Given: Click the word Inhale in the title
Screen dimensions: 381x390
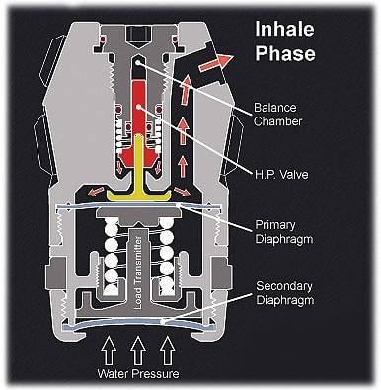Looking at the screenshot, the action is (284, 29).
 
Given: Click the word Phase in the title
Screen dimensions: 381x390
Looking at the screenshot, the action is (285, 53).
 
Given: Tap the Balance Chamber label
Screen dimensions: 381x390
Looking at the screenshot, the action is (277, 115).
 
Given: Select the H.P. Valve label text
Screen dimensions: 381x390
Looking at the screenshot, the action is (281, 174).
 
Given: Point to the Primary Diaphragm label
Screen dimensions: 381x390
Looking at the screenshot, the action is (284, 232).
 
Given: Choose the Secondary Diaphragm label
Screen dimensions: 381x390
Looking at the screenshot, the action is (284, 293).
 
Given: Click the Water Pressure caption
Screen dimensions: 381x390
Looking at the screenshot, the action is (138, 374).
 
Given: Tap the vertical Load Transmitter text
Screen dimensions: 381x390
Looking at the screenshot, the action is (138, 273).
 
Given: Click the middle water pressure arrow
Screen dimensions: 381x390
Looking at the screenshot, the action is (138, 351).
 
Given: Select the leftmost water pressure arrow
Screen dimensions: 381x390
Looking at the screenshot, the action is (109, 351).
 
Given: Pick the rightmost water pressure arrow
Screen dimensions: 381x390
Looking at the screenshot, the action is (168, 351).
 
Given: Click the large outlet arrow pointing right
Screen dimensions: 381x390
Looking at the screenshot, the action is (216, 62).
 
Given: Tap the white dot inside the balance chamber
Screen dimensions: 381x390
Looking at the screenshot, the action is (138, 62).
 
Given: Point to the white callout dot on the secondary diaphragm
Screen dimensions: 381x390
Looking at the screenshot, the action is (162, 321).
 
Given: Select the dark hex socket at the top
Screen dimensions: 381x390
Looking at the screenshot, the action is (138, 34).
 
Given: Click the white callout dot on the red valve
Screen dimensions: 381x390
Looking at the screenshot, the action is (139, 107).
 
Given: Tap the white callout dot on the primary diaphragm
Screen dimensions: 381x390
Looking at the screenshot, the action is (178, 205).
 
